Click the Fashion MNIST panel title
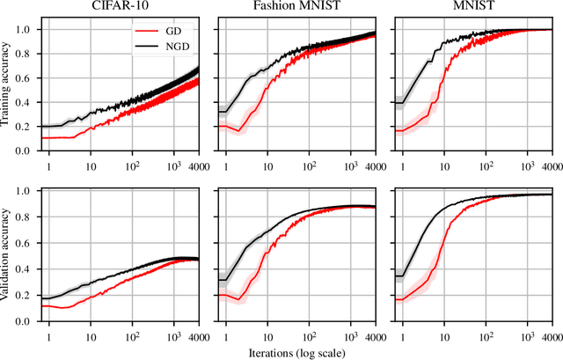click(298, 7)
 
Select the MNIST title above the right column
click(472, 7)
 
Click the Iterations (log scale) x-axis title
click(296, 353)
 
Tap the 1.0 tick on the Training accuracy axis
click(24, 29)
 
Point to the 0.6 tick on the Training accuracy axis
click(24, 77)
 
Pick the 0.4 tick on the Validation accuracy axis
click(24, 264)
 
